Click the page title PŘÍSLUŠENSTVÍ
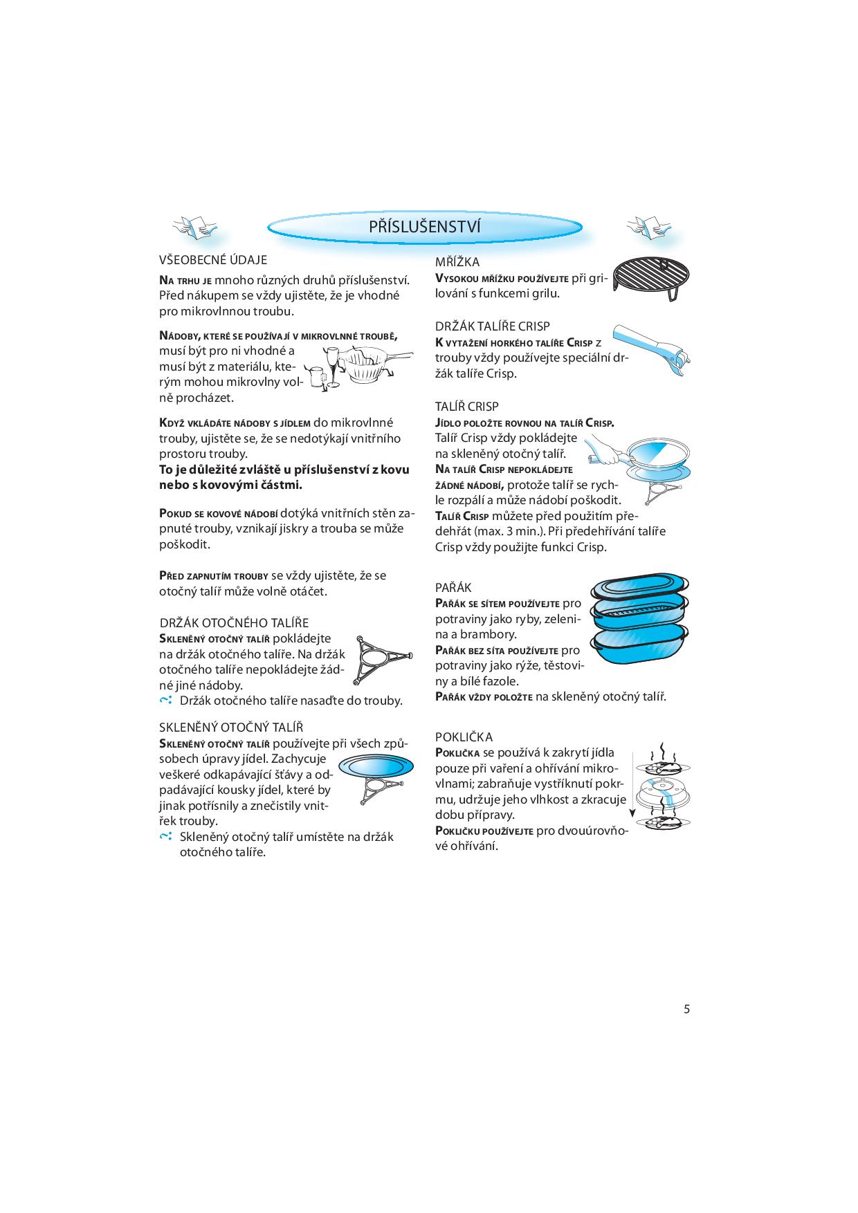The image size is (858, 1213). [x=424, y=227]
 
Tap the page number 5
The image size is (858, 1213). [x=686, y=1009]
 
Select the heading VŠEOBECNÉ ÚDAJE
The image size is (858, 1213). [x=213, y=260]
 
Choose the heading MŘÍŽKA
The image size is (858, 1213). [x=457, y=262]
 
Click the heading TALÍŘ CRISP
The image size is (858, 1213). [x=467, y=407]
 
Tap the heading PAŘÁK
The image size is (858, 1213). [x=453, y=588]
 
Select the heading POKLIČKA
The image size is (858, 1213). [x=464, y=737]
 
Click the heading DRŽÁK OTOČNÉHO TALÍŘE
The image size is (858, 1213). [x=235, y=623]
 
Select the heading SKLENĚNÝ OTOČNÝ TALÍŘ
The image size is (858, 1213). [x=231, y=728]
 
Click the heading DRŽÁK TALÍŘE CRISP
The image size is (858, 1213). [x=493, y=326]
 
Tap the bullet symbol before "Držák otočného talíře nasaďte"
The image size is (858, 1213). [x=165, y=701]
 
